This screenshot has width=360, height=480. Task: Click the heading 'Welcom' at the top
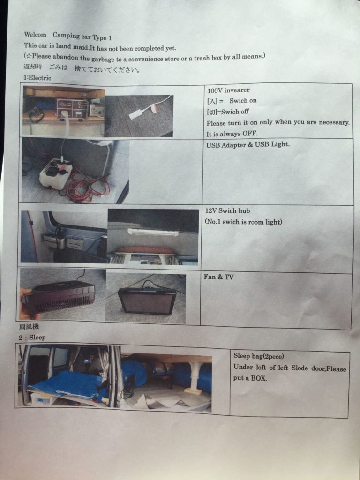tap(35, 35)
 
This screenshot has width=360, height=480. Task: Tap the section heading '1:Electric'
tap(37, 78)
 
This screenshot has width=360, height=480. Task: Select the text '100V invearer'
tap(228, 90)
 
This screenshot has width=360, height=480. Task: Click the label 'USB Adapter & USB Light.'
tap(247, 144)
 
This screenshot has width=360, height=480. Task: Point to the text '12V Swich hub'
tap(227, 210)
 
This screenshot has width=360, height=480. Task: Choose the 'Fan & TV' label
tap(218, 277)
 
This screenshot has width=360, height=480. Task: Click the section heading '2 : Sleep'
tap(32, 337)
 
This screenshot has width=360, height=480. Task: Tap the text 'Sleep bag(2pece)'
tap(259, 356)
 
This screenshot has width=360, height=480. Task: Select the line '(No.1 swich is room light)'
tap(243, 222)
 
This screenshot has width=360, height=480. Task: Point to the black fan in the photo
tap(59, 297)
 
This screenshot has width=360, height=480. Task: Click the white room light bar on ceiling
tap(153, 232)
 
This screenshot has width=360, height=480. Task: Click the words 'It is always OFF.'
tap(232, 134)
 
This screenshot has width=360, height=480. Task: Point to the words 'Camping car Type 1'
tap(82, 37)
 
